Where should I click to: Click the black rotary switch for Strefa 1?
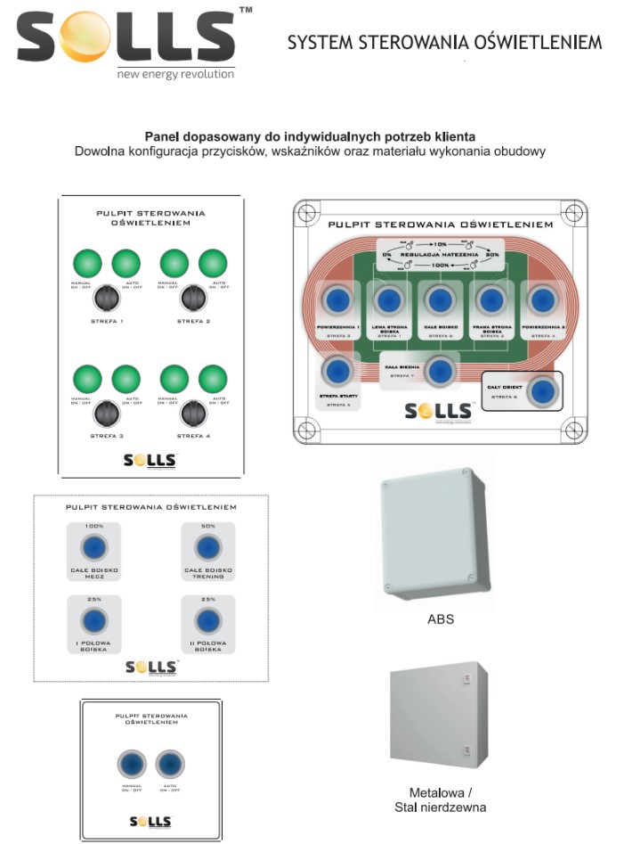pyautogui.click(x=108, y=295)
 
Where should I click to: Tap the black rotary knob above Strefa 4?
pyautogui.click(x=193, y=413)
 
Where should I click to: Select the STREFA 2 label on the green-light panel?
pyautogui.click(x=193, y=320)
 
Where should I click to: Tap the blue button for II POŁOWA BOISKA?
pyautogui.click(x=207, y=621)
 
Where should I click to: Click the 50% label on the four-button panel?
pyautogui.click(x=207, y=526)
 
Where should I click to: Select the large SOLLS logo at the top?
pyautogui.click(x=125, y=37)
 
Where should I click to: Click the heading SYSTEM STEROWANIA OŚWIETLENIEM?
pyautogui.click(x=444, y=42)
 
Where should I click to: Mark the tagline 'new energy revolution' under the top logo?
pyautogui.click(x=175, y=74)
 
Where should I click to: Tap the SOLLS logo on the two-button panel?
pyautogui.click(x=150, y=821)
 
